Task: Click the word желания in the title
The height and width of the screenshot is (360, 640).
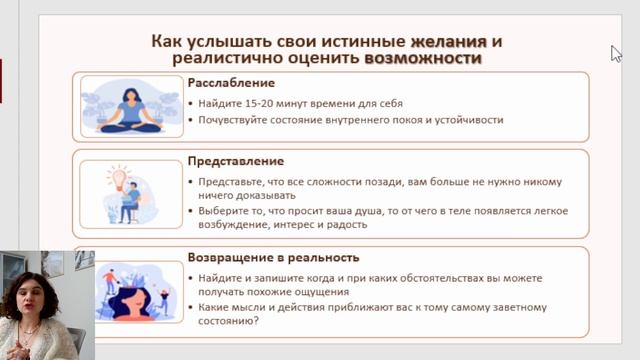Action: [x=448, y=41]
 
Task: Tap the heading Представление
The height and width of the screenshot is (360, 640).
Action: [x=236, y=161]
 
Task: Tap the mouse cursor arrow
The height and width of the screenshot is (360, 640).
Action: [x=616, y=53]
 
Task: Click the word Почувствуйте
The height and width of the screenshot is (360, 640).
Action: [x=231, y=119]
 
